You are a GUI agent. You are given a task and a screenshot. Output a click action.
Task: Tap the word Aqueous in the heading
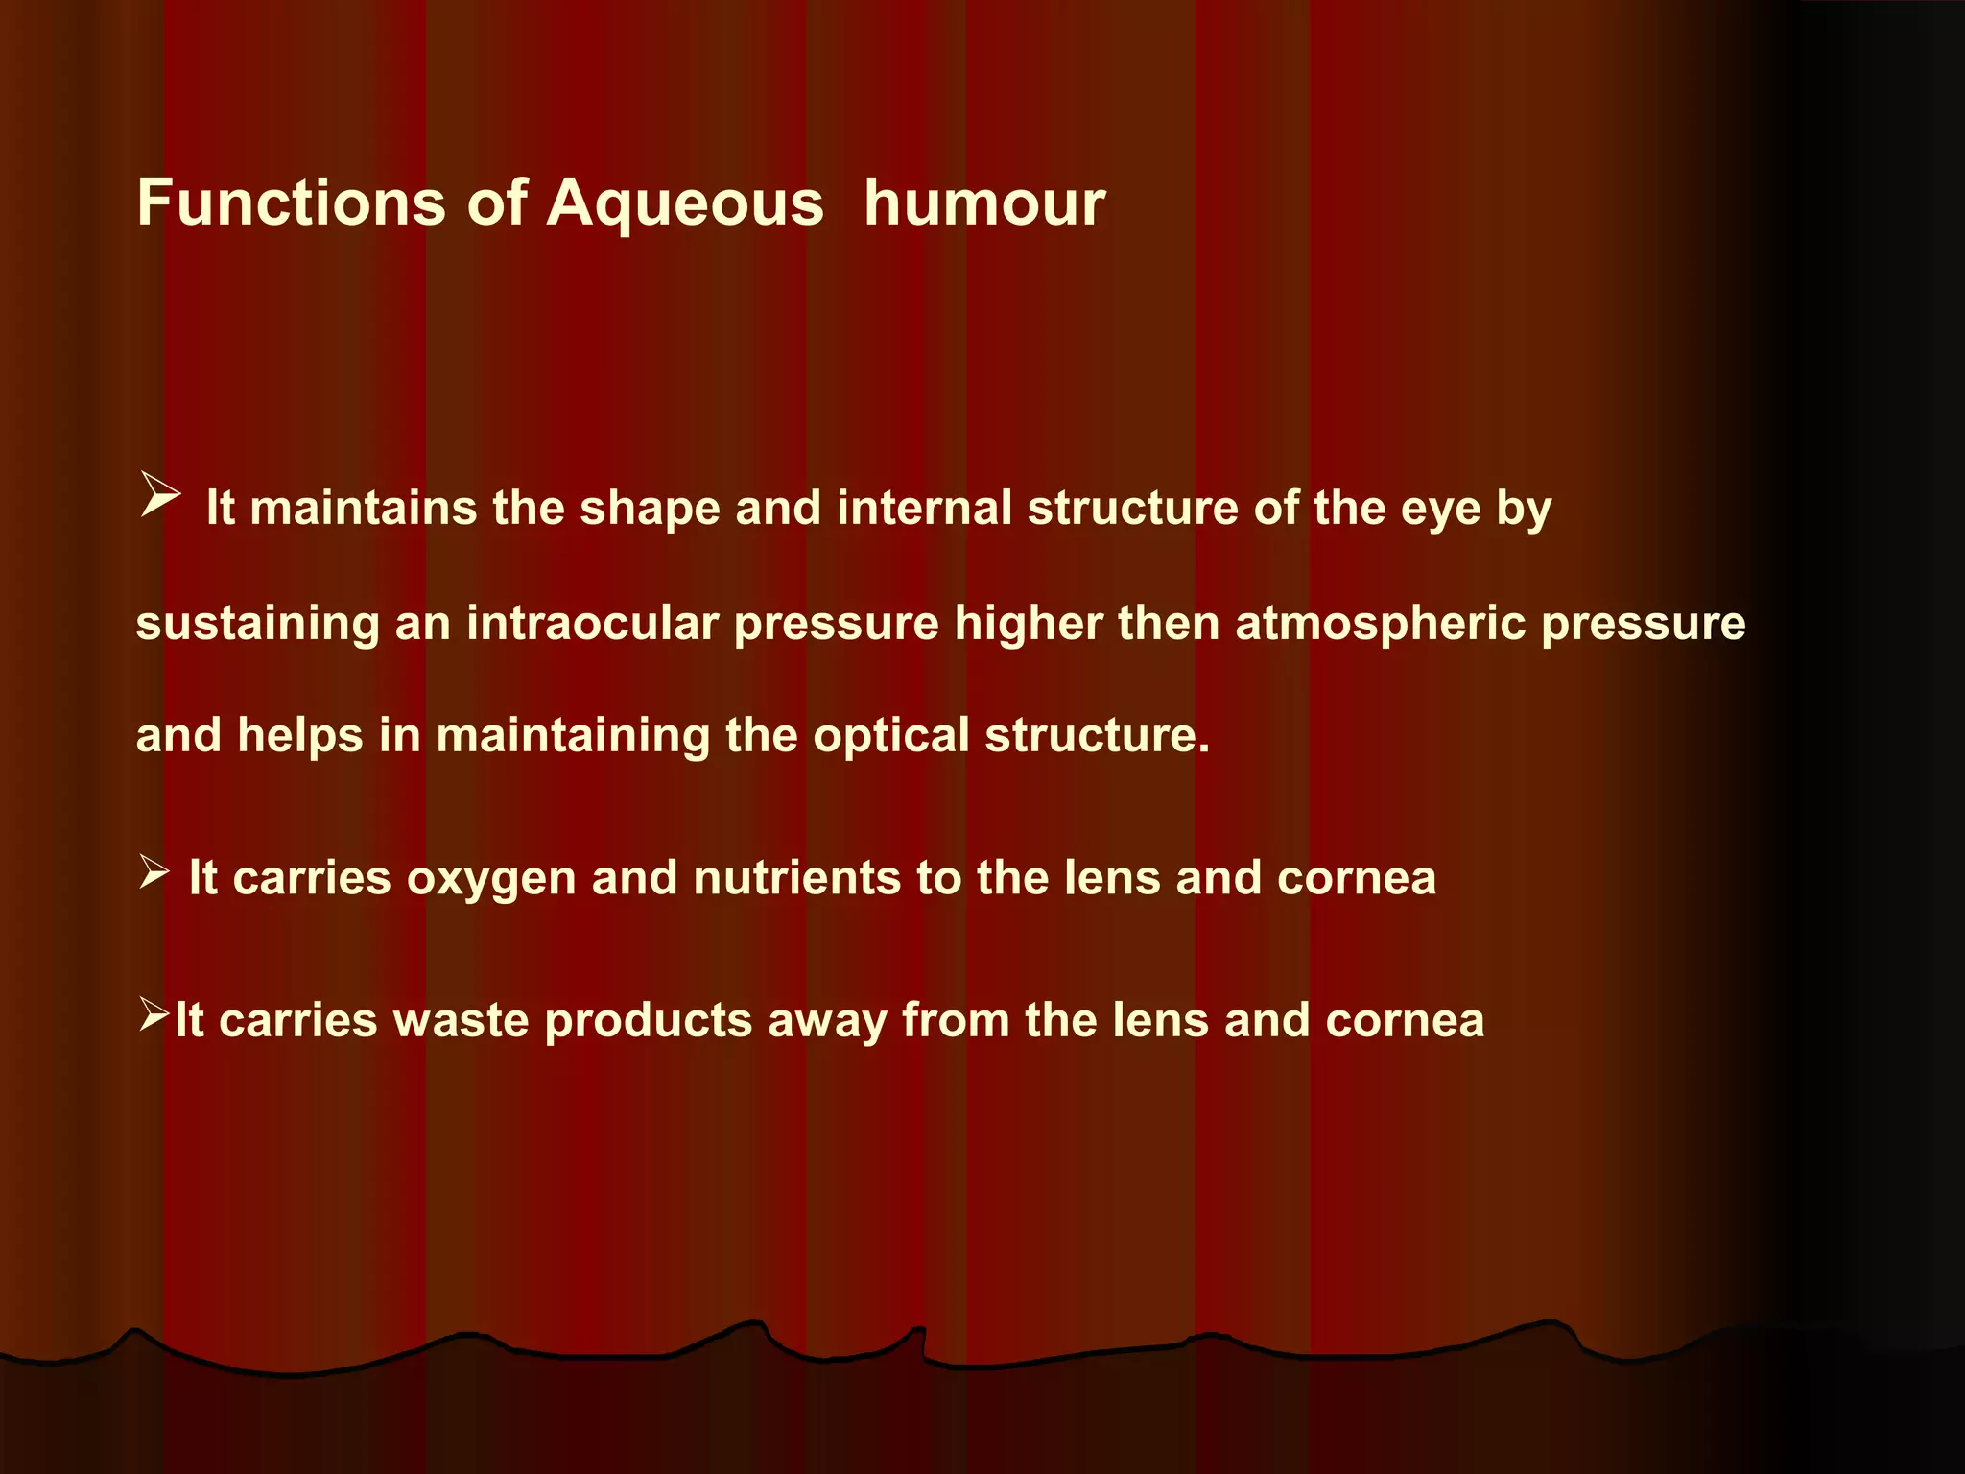click(x=685, y=204)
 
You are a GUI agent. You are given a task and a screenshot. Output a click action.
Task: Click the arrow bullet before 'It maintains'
click(x=159, y=494)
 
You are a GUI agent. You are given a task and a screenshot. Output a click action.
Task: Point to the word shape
click(x=650, y=509)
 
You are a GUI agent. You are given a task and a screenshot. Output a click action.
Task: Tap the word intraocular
click(x=592, y=623)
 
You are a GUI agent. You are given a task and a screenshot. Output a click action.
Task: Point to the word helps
click(x=299, y=737)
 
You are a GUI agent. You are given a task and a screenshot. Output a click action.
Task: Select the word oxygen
click(x=490, y=879)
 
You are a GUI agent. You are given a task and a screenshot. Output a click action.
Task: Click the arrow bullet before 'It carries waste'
click(x=154, y=1013)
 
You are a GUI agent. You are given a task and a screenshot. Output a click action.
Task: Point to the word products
click(x=648, y=1021)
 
